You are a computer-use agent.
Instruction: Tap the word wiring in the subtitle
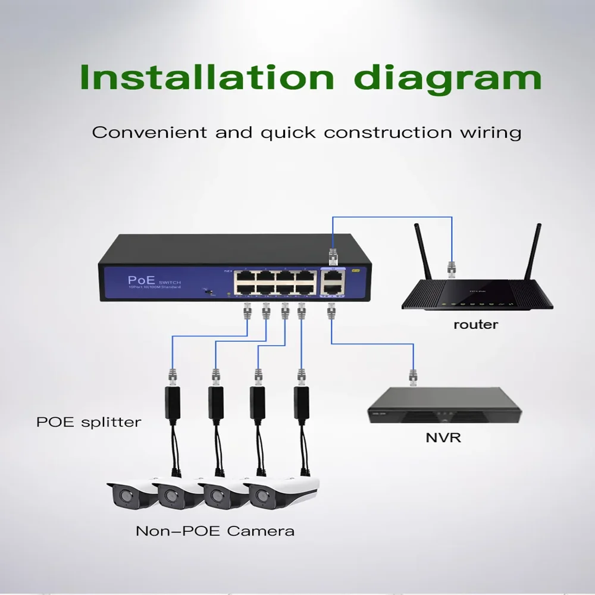click(x=495, y=131)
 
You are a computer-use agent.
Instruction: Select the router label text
click(x=475, y=325)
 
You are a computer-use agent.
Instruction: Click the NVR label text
click(x=443, y=439)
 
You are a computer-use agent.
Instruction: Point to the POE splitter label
click(x=89, y=422)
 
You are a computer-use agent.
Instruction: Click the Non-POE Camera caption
click(x=215, y=530)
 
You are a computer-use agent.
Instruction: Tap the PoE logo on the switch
click(x=141, y=280)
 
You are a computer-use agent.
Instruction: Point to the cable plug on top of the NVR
click(x=412, y=377)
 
